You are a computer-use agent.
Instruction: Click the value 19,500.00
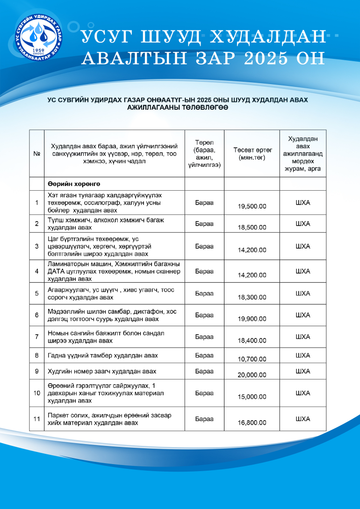[252, 206]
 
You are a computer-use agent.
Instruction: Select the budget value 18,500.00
[252, 228]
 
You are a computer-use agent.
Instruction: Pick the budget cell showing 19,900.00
[252, 319]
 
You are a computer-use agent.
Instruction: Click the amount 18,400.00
[252, 341]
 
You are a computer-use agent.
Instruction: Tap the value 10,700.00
[252, 359]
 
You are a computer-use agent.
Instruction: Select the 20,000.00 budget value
[252, 375]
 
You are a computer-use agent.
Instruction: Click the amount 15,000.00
[252, 397]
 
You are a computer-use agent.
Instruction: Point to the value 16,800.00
[252, 423]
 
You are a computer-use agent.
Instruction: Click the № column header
[36, 153]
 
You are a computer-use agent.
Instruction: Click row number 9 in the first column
[36, 371]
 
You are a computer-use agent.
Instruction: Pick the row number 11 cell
[36, 419]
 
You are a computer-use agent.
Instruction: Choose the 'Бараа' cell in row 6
[204, 315]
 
